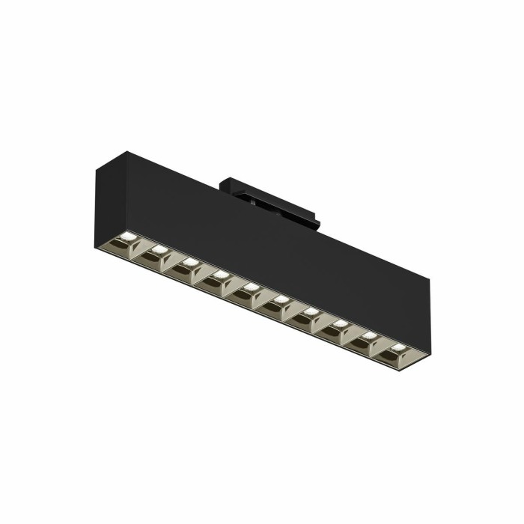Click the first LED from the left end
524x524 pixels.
pyautogui.click(x=127, y=238)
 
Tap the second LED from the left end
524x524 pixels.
pyautogui.click(x=158, y=249)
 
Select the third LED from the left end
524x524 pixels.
pyautogui.click(x=189, y=261)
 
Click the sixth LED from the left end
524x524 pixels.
pyautogui.click(x=279, y=299)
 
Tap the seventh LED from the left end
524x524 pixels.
pyautogui.click(x=309, y=311)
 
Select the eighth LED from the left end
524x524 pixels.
pyautogui.click(x=339, y=323)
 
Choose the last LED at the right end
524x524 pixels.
pyautogui.click(x=397, y=347)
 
